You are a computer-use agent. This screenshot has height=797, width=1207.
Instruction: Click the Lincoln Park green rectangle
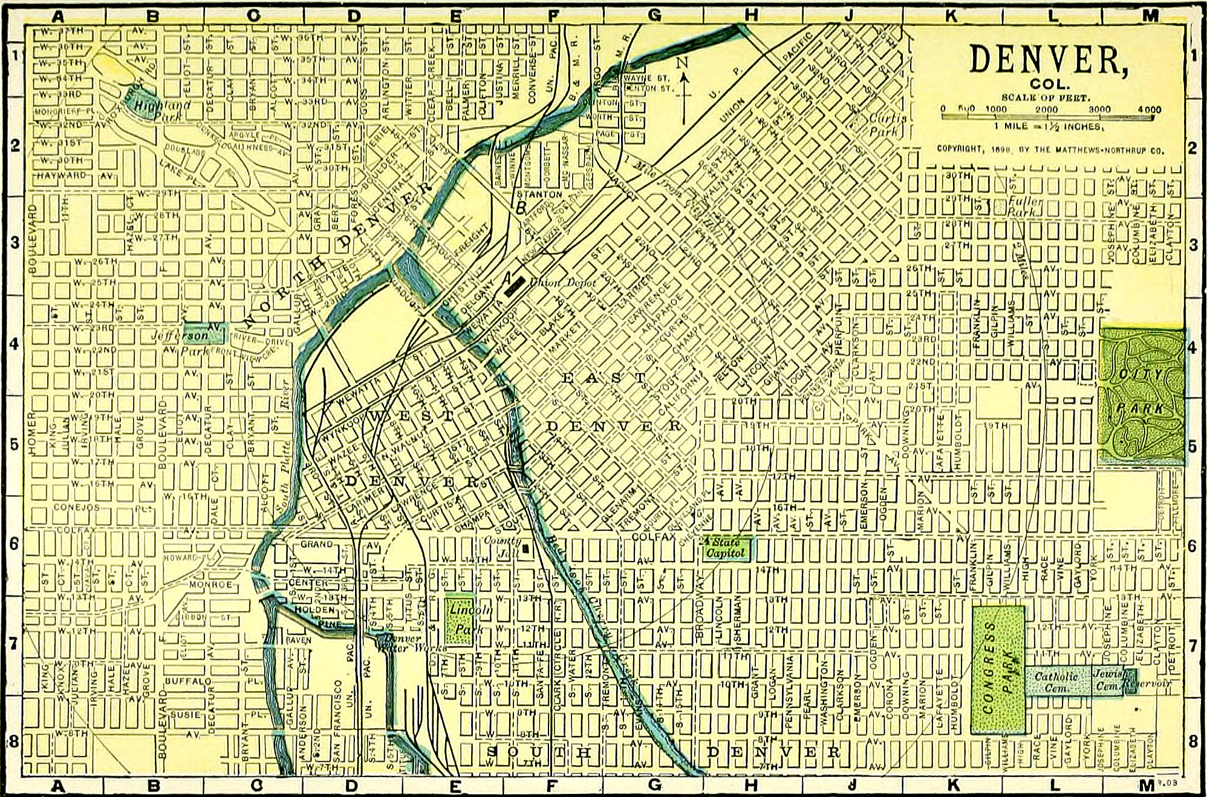click(x=460, y=621)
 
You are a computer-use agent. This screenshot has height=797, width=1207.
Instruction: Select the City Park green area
click(x=1141, y=395)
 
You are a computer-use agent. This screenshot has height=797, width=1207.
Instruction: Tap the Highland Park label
click(x=154, y=109)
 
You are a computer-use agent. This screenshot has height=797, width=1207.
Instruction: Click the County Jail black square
click(x=525, y=549)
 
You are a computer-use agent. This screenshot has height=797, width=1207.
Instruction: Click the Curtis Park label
click(x=887, y=125)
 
